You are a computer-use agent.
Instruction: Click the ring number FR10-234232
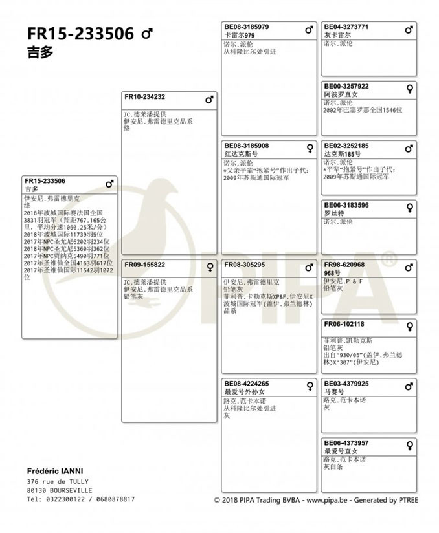144,97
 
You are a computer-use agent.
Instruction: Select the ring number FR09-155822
144,265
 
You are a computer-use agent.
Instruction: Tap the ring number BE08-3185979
247,27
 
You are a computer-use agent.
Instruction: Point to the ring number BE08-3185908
247,146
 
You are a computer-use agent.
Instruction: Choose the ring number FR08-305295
245,265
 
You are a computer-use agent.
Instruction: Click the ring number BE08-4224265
247,384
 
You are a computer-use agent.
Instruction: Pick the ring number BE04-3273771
346,27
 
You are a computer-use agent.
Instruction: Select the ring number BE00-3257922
346,86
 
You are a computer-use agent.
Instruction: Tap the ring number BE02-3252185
346,146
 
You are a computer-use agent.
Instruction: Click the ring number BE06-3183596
346,205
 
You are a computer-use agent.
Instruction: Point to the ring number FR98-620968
344,265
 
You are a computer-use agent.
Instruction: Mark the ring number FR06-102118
344,324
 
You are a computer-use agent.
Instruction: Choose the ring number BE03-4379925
346,384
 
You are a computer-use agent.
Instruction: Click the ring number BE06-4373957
346,443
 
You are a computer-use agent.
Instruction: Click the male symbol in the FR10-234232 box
209,100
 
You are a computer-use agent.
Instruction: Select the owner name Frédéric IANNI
56,470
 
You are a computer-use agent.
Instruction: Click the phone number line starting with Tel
81,499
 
